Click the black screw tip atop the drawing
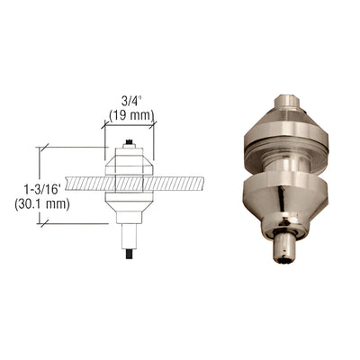tap(131, 141)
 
